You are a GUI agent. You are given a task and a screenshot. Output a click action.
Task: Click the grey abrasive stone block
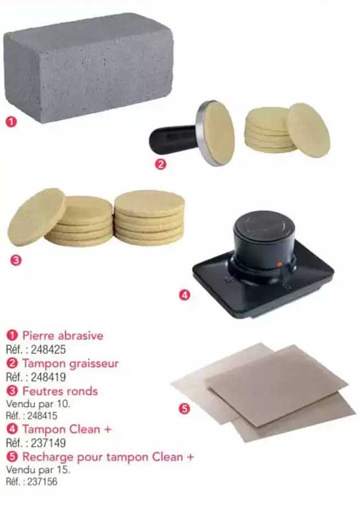click(89, 68)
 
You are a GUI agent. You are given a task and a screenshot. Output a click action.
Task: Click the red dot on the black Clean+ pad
click(279, 264)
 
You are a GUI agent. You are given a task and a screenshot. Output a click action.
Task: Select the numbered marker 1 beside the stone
click(11, 122)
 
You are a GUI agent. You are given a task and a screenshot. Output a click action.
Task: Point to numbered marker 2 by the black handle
click(161, 164)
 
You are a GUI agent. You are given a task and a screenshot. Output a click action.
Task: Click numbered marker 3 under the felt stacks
click(16, 260)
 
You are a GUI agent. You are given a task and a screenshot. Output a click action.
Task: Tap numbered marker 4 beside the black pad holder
click(184, 295)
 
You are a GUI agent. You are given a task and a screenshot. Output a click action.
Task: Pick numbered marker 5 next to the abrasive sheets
click(184, 409)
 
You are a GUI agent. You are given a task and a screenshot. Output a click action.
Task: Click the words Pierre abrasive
click(63, 335)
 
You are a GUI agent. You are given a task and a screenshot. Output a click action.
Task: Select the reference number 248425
click(48, 350)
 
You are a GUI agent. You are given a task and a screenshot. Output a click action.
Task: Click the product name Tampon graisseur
click(70, 363)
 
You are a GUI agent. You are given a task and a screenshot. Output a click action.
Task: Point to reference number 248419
click(48, 377)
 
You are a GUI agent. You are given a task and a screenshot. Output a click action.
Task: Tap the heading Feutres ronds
click(60, 391)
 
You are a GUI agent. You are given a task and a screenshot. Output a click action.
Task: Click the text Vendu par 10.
click(38, 404)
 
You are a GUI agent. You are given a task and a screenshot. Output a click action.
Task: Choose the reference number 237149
click(48, 443)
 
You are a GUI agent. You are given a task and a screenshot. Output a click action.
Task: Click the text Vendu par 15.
click(38, 470)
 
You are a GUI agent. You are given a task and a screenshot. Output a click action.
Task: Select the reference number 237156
click(42, 482)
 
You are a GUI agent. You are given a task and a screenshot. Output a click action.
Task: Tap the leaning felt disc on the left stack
click(36, 216)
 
